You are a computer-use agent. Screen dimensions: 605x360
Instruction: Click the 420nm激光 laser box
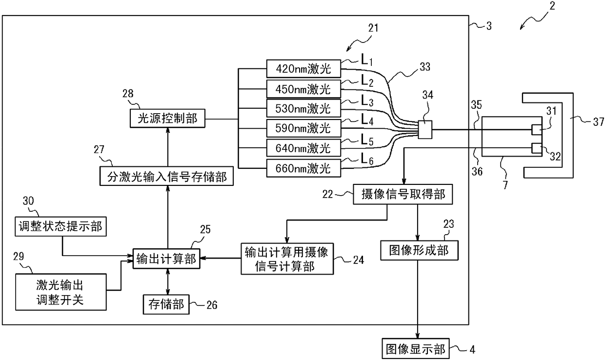[x=303, y=69]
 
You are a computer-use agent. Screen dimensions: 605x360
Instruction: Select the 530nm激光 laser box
[x=303, y=108]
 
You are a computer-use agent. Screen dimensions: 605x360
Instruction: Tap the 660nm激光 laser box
[x=303, y=168]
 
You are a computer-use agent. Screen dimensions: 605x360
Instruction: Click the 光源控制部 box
[x=167, y=118]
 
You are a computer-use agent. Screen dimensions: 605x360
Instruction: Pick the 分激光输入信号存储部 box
[x=167, y=176]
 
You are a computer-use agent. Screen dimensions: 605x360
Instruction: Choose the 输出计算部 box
[x=166, y=259]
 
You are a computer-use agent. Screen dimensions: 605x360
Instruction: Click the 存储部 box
[x=166, y=304]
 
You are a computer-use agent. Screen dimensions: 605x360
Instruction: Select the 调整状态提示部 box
[x=61, y=227]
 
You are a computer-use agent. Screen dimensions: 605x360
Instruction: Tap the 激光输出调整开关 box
[x=61, y=292]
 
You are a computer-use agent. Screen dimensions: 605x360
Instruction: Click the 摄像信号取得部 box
[x=403, y=194]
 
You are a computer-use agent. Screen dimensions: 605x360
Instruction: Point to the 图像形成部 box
[x=420, y=250]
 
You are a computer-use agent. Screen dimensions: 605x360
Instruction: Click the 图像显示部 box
[x=416, y=349]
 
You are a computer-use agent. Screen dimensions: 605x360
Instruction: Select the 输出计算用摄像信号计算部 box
[x=287, y=259]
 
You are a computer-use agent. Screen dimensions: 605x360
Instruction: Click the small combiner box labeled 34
[x=425, y=130]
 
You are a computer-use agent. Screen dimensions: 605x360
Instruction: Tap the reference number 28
[x=128, y=94]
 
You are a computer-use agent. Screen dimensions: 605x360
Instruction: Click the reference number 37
[x=599, y=122]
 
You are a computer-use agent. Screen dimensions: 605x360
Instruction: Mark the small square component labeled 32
[x=537, y=148]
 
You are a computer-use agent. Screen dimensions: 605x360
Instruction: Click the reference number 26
[x=212, y=305]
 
